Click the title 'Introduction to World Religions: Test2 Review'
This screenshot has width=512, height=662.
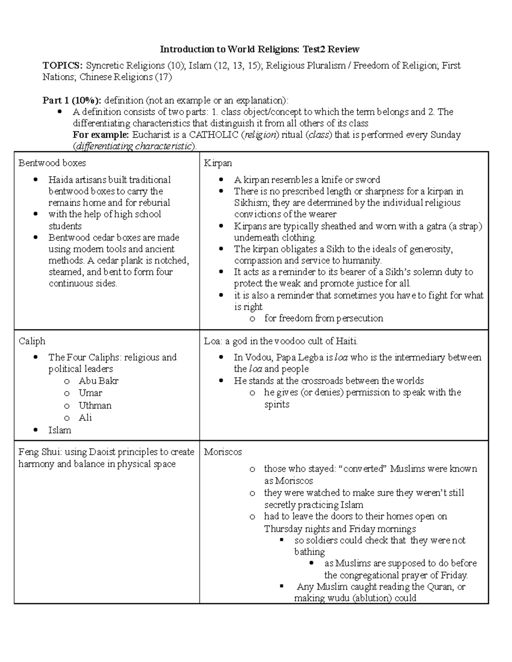(259, 49)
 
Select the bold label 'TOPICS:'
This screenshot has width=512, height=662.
(62, 66)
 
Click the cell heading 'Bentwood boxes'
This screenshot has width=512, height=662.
(52, 163)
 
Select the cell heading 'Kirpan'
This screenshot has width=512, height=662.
(218, 163)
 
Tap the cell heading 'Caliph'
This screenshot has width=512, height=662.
(32, 341)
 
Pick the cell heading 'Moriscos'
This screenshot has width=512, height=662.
(223, 452)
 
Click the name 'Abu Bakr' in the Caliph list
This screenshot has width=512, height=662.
(98, 381)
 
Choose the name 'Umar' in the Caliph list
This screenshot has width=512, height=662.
(90, 393)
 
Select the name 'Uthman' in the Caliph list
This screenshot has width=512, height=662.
(95, 405)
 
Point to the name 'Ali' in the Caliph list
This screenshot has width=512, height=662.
(85, 418)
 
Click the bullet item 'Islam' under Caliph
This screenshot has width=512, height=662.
(60, 430)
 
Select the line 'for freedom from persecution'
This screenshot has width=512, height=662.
(323, 318)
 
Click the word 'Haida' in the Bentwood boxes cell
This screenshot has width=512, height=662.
(61, 180)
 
